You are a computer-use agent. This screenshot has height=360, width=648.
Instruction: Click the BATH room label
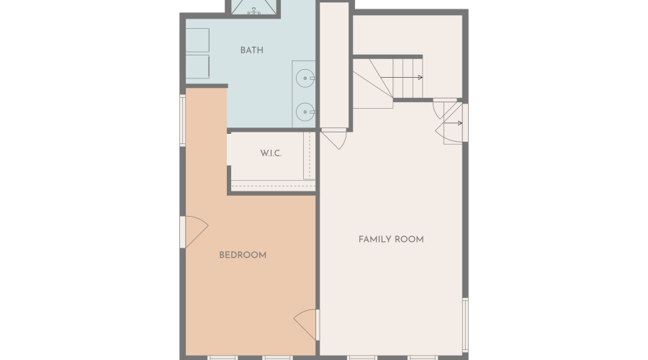point(251,50)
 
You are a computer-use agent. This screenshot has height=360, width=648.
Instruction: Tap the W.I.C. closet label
point(271,154)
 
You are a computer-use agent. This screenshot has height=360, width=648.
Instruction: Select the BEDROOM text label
point(243,255)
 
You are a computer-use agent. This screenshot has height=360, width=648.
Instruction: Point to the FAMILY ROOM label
point(391,239)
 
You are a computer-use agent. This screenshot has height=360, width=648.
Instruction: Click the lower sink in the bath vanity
point(306,112)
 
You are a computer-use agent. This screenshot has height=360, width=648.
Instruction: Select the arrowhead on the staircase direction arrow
point(420,78)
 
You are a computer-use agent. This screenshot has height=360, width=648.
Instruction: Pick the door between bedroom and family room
point(307,324)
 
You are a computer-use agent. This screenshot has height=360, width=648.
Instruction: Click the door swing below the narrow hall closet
point(333,140)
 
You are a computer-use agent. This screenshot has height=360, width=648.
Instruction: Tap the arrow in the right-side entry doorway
point(458,123)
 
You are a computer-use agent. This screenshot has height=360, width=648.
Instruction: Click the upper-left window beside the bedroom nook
point(183,121)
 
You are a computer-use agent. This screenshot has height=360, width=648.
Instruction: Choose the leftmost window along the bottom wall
point(222,357)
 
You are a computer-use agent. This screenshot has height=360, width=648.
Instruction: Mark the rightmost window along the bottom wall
point(423,357)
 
